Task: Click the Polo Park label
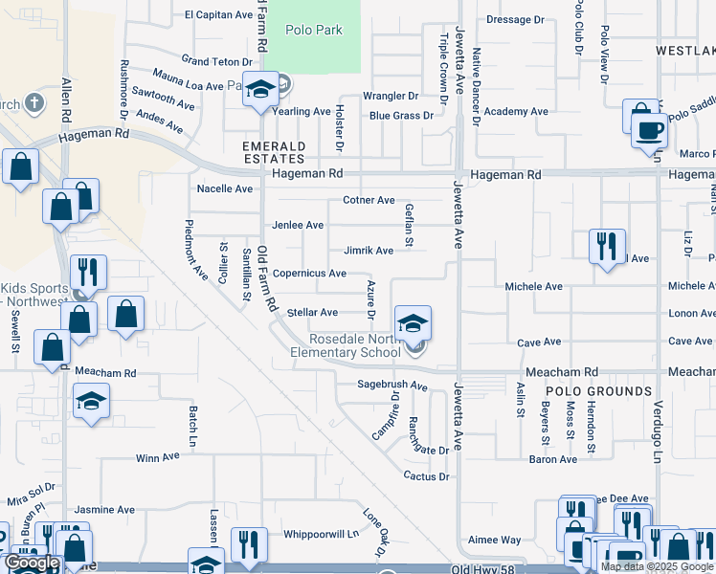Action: [x=315, y=30]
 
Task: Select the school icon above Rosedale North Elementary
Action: [x=413, y=323]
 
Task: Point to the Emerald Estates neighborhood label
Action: [x=274, y=152]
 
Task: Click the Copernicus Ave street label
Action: [x=309, y=274]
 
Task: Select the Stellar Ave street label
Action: [x=313, y=313]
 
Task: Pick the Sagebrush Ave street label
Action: [x=392, y=386]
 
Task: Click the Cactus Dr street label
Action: [x=426, y=476]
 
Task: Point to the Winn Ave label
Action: [x=158, y=458]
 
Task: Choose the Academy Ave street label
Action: [x=516, y=112]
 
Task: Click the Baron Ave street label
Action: [x=553, y=460]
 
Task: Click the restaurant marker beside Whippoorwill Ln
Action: [x=249, y=545]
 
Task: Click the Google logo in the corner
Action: [x=32, y=563]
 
